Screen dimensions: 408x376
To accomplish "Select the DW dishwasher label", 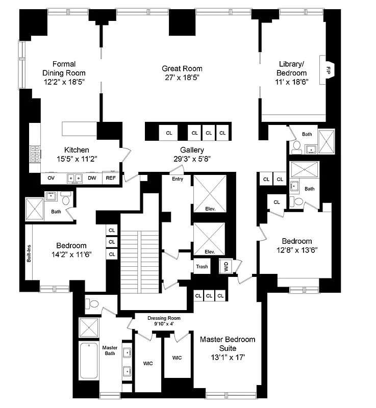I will pyautogui.click(x=92, y=178).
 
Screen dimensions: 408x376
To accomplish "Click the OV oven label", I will pyautogui.click(x=51, y=178).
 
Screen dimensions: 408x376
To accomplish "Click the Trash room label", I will pyautogui.click(x=202, y=266).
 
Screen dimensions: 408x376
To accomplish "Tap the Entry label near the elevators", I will pyautogui.click(x=178, y=179).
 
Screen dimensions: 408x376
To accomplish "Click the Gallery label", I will pyautogui.click(x=192, y=150).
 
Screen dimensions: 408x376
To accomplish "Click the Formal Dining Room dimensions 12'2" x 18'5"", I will pyautogui.click(x=64, y=82).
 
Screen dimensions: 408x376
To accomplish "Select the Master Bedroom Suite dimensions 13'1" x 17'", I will pyautogui.click(x=228, y=357).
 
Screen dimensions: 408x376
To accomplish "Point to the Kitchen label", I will pyautogui.click(x=77, y=150).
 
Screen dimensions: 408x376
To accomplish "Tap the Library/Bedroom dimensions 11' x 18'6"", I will pyautogui.click(x=291, y=82).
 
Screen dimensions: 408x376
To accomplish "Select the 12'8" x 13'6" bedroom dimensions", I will pyautogui.click(x=297, y=250).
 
